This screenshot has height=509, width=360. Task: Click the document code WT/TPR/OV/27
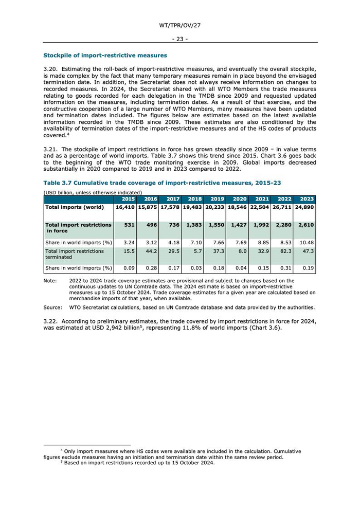point(180,25)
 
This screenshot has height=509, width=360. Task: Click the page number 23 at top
point(180,39)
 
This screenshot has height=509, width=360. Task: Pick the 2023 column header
point(306,199)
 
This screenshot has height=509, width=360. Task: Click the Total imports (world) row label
point(75,207)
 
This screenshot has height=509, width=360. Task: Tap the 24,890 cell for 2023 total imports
point(304,207)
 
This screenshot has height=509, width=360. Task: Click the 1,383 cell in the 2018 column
point(194,225)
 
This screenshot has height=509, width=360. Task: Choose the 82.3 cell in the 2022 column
point(284,251)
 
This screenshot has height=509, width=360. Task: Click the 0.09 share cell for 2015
point(129,268)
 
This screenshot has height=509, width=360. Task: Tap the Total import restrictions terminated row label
point(75,254)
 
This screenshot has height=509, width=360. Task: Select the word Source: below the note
point(52,307)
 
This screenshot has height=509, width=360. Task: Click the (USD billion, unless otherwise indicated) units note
point(93,192)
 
